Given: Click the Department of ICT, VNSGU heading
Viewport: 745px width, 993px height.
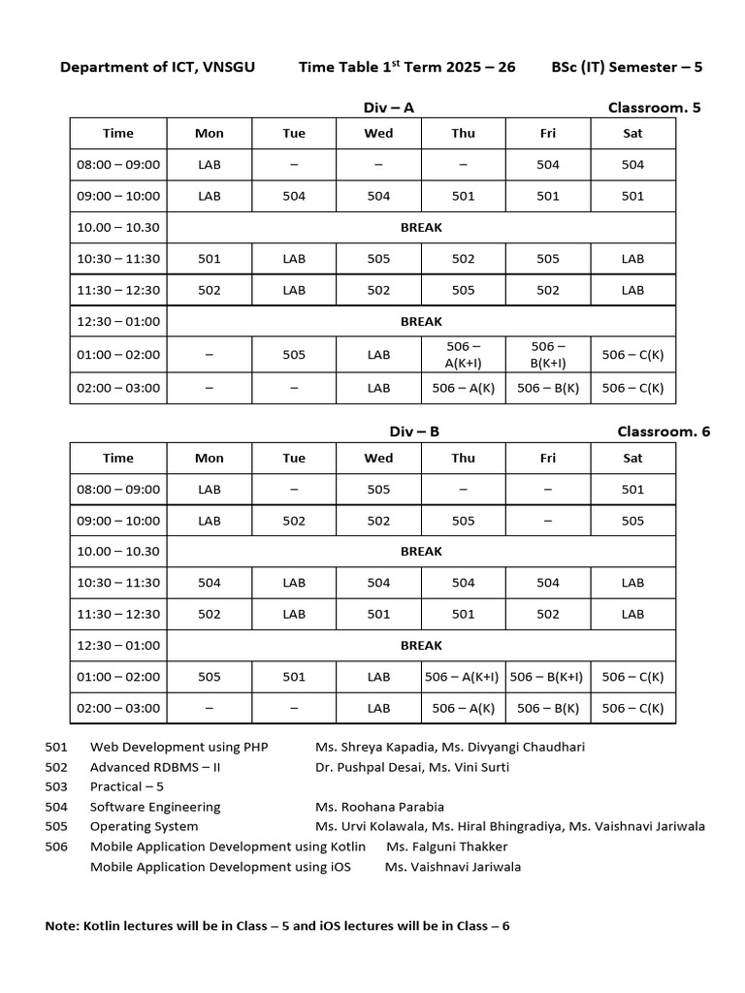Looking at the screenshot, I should [x=157, y=67].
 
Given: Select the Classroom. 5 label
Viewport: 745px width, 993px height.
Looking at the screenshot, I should [x=653, y=108].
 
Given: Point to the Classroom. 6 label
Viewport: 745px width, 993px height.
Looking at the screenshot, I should [x=663, y=432].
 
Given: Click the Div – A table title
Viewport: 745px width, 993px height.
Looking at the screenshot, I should [x=388, y=108].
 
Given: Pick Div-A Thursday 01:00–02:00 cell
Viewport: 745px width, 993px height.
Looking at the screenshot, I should [x=463, y=354].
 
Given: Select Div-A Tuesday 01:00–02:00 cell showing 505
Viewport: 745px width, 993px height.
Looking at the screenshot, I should [x=294, y=354].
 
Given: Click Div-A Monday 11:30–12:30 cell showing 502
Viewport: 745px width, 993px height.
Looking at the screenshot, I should [x=209, y=290].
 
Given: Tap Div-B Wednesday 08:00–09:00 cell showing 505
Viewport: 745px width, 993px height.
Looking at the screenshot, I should [x=378, y=490].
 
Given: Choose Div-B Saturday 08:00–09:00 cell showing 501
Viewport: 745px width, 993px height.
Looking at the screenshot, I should [x=632, y=490].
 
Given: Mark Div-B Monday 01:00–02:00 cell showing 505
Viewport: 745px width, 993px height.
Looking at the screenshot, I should [x=209, y=677].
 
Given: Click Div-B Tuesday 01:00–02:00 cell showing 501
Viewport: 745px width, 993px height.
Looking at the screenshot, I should [x=294, y=677].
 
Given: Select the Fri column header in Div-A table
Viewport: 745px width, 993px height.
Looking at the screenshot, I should [x=548, y=134].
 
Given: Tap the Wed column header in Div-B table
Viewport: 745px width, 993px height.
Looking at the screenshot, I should [x=378, y=458].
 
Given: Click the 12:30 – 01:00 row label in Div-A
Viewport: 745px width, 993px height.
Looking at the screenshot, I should [x=118, y=321].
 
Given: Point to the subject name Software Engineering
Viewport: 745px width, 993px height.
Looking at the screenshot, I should [x=155, y=806].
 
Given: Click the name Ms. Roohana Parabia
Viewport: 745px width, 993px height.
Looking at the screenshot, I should [x=379, y=806].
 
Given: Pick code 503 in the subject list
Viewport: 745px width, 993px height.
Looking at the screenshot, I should [x=57, y=786].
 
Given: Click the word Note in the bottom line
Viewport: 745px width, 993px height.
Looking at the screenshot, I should [x=62, y=926].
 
